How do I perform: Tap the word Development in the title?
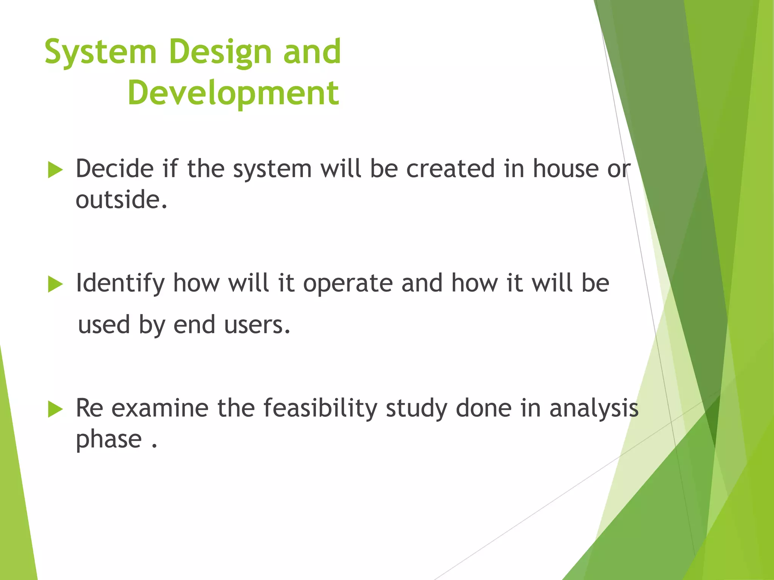(233, 94)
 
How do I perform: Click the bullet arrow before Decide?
(55, 170)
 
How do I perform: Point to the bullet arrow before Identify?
(55, 284)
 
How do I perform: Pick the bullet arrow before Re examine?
(55, 409)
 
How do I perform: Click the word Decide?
(115, 168)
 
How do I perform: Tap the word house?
(565, 168)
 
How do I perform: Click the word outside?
(121, 200)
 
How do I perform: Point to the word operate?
(348, 283)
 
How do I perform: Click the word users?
(257, 325)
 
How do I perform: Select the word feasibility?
(320, 409)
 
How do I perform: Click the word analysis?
(594, 409)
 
